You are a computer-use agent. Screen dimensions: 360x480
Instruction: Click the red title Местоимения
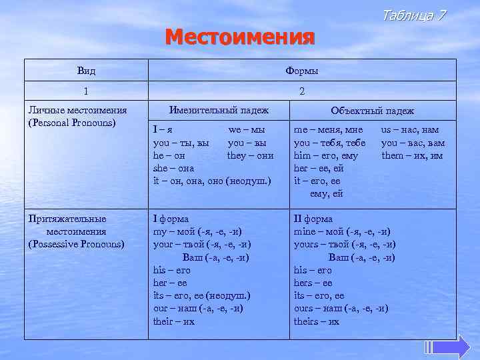click(239, 36)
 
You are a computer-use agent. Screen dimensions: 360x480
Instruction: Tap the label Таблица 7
click(413, 15)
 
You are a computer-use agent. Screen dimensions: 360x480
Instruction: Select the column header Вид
click(86, 71)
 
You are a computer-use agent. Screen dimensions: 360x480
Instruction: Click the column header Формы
click(301, 71)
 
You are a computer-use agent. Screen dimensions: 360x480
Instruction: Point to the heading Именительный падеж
click(219, 110)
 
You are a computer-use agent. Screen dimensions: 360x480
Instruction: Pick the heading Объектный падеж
click(372, 111)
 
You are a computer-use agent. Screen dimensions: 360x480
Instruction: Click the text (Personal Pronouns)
click(72, 123)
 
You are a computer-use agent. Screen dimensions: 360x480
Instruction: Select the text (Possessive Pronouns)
click(76, 244)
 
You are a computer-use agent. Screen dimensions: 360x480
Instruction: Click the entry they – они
click(250, 155)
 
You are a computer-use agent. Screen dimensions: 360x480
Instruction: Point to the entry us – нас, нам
click(409, 131)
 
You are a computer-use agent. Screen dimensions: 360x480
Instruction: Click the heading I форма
click(171, 219)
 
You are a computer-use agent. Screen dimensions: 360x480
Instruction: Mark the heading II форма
click(313, 219)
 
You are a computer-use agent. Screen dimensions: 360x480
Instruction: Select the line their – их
click(173, 321)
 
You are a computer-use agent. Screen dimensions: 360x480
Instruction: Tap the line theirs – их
click(316, 321)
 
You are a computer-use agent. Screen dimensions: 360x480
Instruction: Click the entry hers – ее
click(313, 283)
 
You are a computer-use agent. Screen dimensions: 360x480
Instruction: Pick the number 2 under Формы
click(302, 91)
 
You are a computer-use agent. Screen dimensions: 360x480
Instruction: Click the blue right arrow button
click(453, 347)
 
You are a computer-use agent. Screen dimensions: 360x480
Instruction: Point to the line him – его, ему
click(325, 156)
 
